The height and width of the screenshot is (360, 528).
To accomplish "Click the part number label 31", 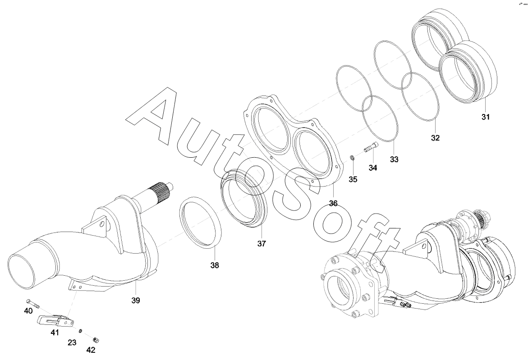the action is coord(485,117).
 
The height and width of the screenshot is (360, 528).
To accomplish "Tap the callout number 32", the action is coord(435,138).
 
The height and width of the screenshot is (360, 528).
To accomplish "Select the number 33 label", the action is coord(394,159).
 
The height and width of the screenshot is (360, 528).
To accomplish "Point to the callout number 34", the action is coord(372,168).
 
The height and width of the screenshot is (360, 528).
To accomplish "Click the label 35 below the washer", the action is coord(353,179).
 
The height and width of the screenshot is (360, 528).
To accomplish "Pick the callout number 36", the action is coord(333,203).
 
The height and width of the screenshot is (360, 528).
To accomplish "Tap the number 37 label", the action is coord(262,244).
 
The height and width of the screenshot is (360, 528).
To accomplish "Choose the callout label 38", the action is coord(215,265).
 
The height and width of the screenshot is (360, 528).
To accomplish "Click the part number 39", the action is coord(135,301).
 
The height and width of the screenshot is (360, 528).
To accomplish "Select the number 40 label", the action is coord(28,311).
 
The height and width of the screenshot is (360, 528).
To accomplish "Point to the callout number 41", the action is coord(55,333).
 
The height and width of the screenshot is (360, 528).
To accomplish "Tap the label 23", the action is coord(72,342).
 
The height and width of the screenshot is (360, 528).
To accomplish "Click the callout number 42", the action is coord(91,350).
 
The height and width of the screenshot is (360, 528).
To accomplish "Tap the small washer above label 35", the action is coord(352,157).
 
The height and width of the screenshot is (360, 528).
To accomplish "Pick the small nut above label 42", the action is coord(95,340).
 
